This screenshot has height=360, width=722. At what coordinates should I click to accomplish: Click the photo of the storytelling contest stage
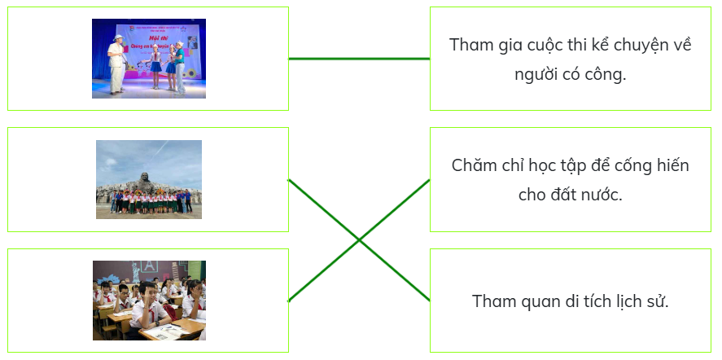click(x=149, y=59)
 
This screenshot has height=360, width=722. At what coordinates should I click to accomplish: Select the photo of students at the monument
click(x=149, y=179)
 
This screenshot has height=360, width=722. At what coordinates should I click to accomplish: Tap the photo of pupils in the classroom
click(x=149, y=301)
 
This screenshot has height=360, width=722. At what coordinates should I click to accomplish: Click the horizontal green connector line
click(x=359, y=59)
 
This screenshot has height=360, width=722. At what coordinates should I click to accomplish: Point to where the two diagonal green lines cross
click(x=359, y=240)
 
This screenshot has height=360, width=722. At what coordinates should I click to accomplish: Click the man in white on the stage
click(x=117, y=64)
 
